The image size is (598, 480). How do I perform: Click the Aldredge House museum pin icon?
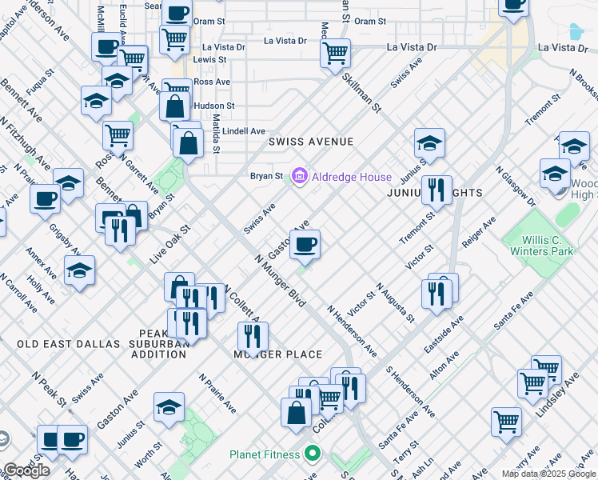pyautogui.click(x=300, y=176)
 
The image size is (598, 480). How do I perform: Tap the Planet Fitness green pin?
pyautogui.click(x=313, y=454)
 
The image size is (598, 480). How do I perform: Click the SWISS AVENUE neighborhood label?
pyautogui.click(x=311, y=142)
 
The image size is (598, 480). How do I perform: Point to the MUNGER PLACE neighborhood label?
pyautogui.click(x=277, y=354)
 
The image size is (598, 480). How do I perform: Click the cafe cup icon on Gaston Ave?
pyautogui.click(x=304, y=244)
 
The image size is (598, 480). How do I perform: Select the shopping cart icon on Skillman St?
pyautogui.click(x=336, y=53)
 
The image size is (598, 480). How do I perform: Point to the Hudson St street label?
pyautogui.click(x=213, y=106)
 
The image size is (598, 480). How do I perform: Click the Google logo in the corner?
pyautogui.click(x=26, y=470)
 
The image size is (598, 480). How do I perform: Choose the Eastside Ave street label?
pyautogui.click(x=444, y=334)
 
